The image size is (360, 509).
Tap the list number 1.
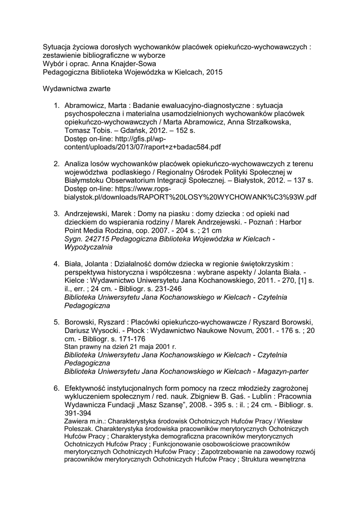pos(57,106)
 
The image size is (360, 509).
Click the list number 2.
pos(57,164)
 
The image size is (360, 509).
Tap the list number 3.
pos(57,213)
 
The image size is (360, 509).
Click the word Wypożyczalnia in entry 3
pos(89,247)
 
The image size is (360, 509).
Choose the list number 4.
pos(57,263)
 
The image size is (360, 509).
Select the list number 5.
pos(57,322)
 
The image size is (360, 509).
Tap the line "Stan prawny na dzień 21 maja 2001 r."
pos(121,346)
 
